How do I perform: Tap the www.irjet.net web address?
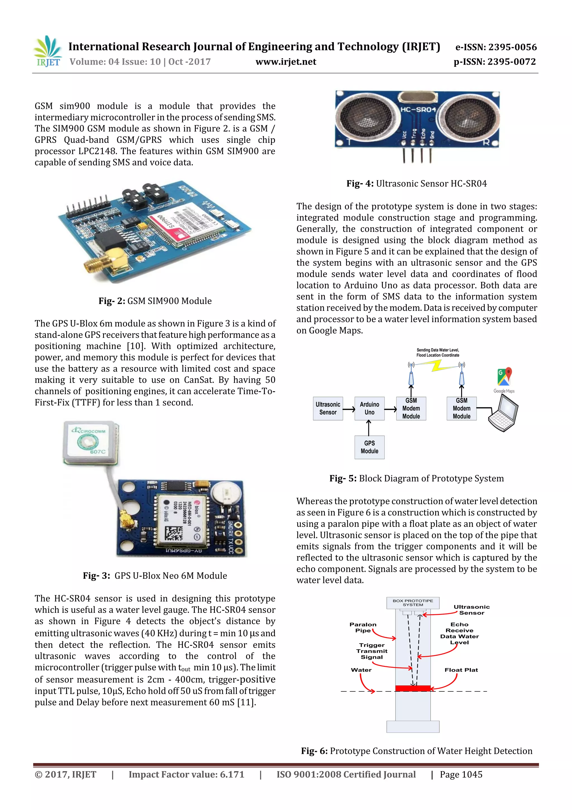285,62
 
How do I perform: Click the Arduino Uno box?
369,408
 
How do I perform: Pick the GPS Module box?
369,447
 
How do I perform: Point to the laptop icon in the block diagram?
503,413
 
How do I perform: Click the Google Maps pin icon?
504,377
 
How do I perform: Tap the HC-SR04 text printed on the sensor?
418,110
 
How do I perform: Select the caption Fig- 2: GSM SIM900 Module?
155,301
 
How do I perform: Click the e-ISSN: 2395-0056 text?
495,47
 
